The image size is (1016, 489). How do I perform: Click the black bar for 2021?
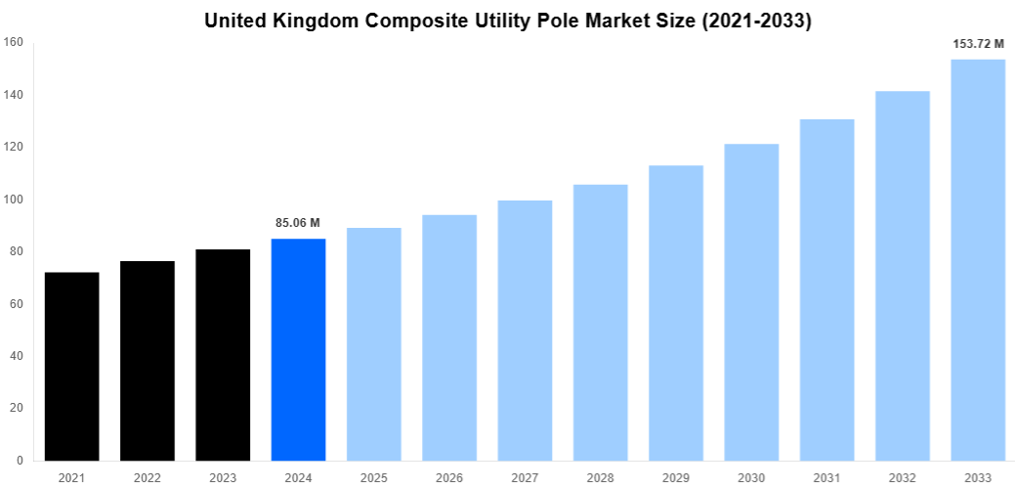pyautogui.click(x=71, y=366)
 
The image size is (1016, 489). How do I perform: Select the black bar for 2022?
pyautogui.click(x=148, y=360)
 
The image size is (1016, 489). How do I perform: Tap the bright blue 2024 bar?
pyautogui.click(x=298, y=349)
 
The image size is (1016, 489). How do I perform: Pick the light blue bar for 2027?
pyautogui.click(x=525, y=330)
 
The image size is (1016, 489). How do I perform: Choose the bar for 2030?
pyautogui.click(x=751, y=301)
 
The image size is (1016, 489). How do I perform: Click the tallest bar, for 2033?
pyautogui.click(x=978, y=259)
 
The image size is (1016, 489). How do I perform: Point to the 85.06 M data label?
pyautogui.click(x=298, y=223)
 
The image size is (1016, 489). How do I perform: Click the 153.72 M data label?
pyautogui.click(x=978, y=44)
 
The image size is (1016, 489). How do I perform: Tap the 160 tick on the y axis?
pyautogui.click(x=14, y=42)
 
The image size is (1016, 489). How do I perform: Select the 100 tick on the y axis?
pyautogui.click(x=14, y=200)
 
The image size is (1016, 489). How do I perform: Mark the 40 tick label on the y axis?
pyautogui.click(x=17, y=356)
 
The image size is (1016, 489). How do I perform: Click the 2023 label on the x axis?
pyautogui.click(x=223, y=478)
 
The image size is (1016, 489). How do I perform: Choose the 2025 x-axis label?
pyautogui.click(x=374, y=478)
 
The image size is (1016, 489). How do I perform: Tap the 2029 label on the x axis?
pyautogui.click(x=676, y=478)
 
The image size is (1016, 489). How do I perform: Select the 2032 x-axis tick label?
pyautogui.click(x=903, y=478)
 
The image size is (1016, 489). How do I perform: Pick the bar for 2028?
pyautogui.click(x=601, y=322)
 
